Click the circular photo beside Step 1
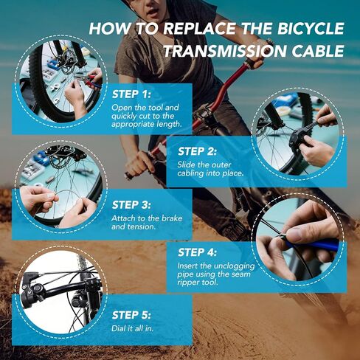click(63, 77)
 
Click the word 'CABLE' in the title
click(319, 52)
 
